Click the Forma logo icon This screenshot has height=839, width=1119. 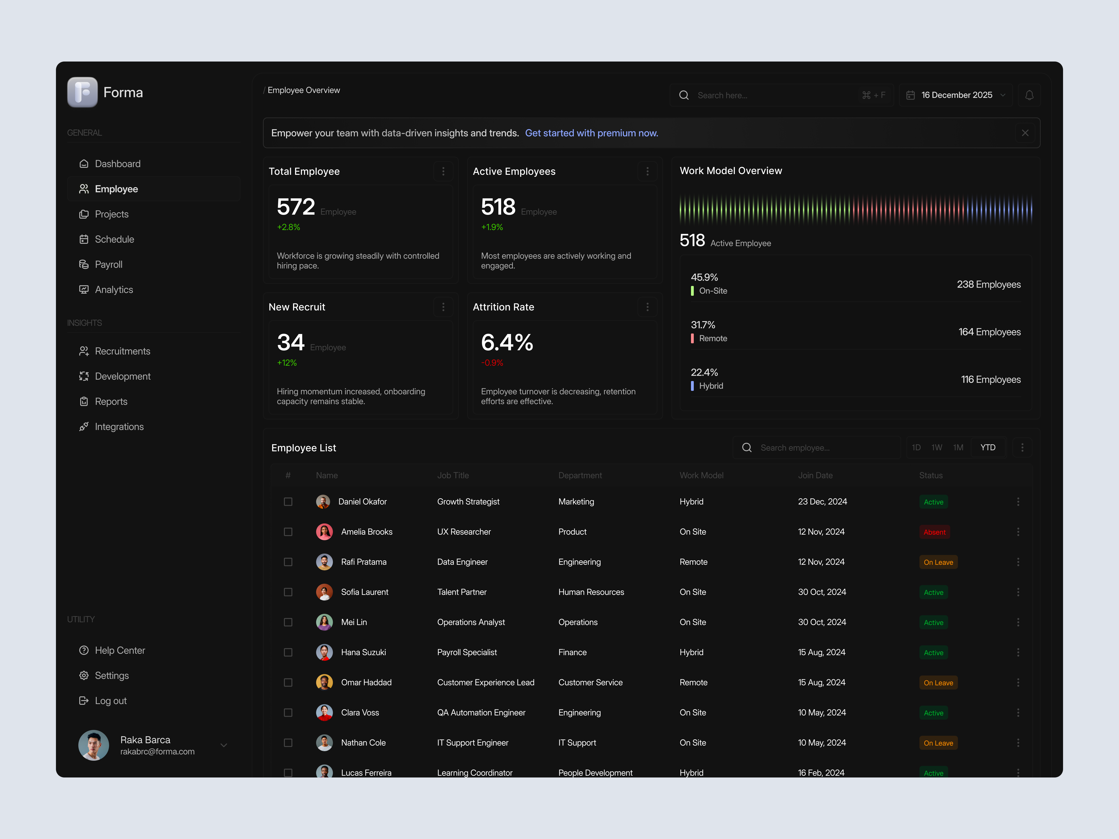(82, 92)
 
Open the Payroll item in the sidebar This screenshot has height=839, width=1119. (108, 265)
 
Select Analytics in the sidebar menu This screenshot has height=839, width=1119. (114, 290)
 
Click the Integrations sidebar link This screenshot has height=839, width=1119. (119, 427)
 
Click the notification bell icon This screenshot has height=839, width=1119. (1029, 95)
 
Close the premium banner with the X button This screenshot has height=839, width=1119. (1025, 133)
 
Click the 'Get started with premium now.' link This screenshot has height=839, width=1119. (591, 133)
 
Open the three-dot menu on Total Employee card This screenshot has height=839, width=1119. (443, 172)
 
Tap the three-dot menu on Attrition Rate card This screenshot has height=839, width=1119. (647, 307)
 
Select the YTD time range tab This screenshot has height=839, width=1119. (988, 447)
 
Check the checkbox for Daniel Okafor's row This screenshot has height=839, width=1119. (288, 502)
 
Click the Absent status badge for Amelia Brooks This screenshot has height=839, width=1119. (934, 532)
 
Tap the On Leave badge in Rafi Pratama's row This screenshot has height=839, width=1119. (938, 562)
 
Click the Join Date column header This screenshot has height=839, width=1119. (815, 475)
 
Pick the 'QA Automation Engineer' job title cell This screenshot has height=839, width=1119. (481, 713)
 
